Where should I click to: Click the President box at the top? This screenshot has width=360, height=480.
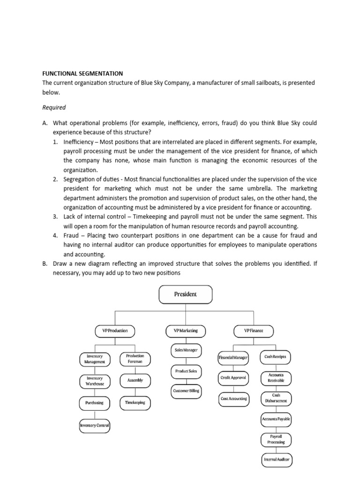coord(186,294)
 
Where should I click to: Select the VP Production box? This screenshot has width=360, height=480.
coord(115,331)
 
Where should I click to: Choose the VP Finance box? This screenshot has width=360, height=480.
coord(254,331)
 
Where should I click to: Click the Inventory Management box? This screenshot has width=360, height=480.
coord(95,359)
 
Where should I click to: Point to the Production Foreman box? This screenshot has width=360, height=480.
coord(135,359)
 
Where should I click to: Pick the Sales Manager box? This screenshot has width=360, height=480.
coord(186,350)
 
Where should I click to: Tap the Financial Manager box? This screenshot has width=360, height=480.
coord(233,358)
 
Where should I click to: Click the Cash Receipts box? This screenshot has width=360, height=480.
coord(275,357)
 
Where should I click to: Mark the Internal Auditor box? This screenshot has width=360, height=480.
coord(276,460)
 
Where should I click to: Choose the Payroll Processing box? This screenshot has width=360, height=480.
coord(276,439)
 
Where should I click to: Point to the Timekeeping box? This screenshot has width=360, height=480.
coord(135,402)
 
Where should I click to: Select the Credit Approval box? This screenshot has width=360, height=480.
coord(233,377)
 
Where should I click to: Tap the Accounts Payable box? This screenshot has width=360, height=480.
coord(276,419)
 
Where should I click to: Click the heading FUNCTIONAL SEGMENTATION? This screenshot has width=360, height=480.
coord(82,74)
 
